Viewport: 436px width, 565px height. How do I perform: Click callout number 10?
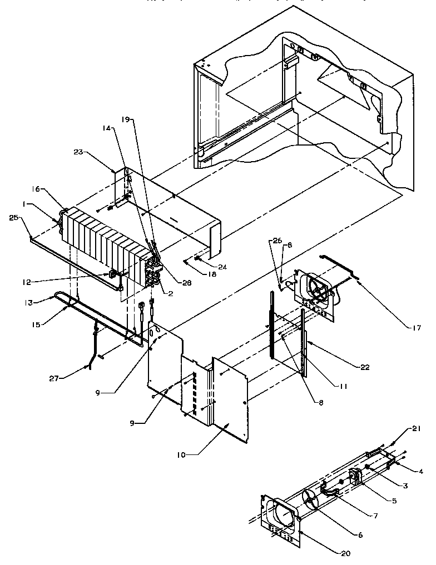click(x=189, y=454)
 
